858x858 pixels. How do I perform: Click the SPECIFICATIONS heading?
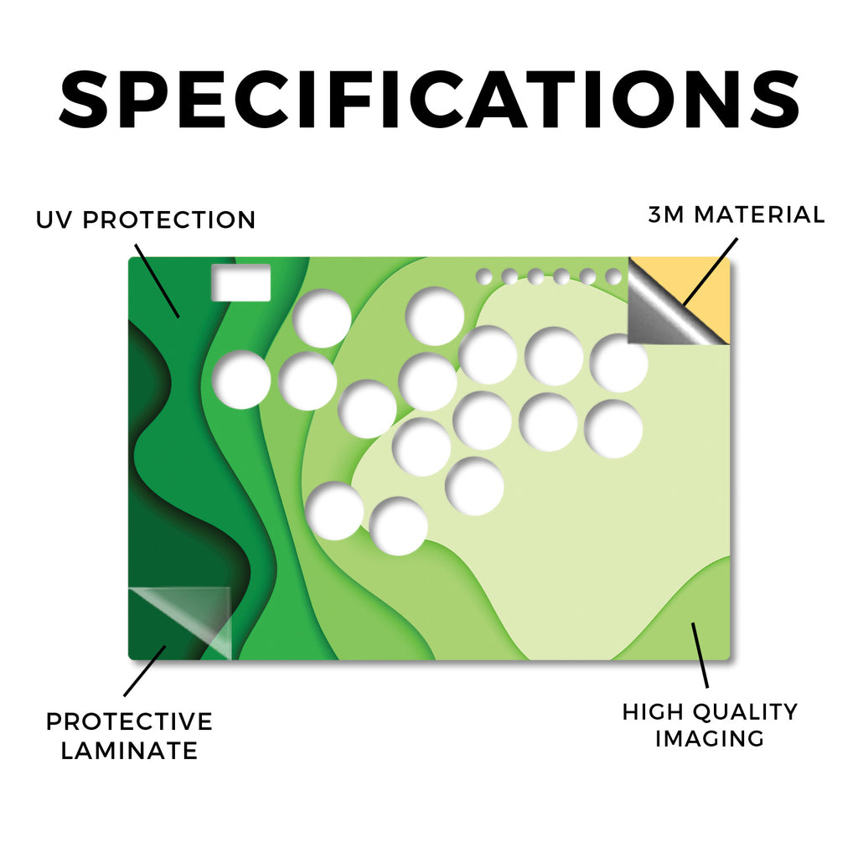point(429,99)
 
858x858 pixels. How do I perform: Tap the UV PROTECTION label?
point(146,220)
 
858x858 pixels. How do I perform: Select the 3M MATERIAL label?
point(737,214)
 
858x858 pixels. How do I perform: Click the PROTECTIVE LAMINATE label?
point(129,736)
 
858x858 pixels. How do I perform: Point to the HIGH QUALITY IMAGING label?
point(711,725)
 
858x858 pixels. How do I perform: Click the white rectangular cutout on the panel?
point(240,282)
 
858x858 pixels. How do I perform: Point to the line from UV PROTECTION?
point(157,282)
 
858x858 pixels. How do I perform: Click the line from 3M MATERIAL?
point(711,271)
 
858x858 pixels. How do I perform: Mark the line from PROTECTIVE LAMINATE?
point(144,671)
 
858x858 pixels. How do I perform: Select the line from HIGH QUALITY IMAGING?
point(700,655)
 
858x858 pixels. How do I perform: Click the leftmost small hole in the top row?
point(483,277)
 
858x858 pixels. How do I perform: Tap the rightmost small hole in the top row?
point(613,277)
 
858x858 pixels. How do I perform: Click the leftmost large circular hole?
point(241,380)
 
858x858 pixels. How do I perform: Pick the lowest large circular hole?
point(398,526)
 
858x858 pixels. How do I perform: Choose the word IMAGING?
point(710,739)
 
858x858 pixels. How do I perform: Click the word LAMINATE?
point(129,751)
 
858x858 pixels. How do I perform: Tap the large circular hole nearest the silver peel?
point(619,364)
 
